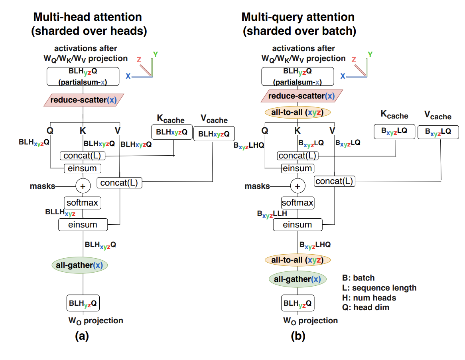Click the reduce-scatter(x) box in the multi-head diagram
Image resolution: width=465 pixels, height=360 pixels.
[x=83, y=99]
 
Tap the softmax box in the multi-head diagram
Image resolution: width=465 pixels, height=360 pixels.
[x=83, y=202]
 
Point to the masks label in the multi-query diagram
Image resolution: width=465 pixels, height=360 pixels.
[x=257, y=186]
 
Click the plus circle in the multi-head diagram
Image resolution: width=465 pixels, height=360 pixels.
[x=83, y=186]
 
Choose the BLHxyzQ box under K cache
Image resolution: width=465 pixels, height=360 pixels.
[x=171, y=132]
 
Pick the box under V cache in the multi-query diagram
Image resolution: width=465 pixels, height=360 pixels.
[x=438, y=132]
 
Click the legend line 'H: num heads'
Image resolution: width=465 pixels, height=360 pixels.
[x=369, y=298]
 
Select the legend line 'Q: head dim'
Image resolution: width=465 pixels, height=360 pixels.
[x=366, y=307]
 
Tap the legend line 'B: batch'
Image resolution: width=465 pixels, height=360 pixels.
[x=359, y=278]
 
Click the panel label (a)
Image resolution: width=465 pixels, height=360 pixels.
[x=82, y=336]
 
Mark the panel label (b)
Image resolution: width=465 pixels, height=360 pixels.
[x=298, y=336]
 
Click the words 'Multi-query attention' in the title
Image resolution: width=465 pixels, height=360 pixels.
[x=298, y=17]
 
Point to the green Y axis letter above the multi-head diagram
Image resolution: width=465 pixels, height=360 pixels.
[x=155, y=54]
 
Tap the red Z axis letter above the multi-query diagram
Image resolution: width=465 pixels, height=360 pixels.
[x=354, y=59]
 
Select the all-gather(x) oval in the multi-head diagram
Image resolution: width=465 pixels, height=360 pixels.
[x=80, y=265]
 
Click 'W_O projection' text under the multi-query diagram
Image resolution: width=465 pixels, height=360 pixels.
[x=310, y=320]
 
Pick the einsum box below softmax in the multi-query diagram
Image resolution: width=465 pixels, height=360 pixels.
[x=298, y=225]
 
